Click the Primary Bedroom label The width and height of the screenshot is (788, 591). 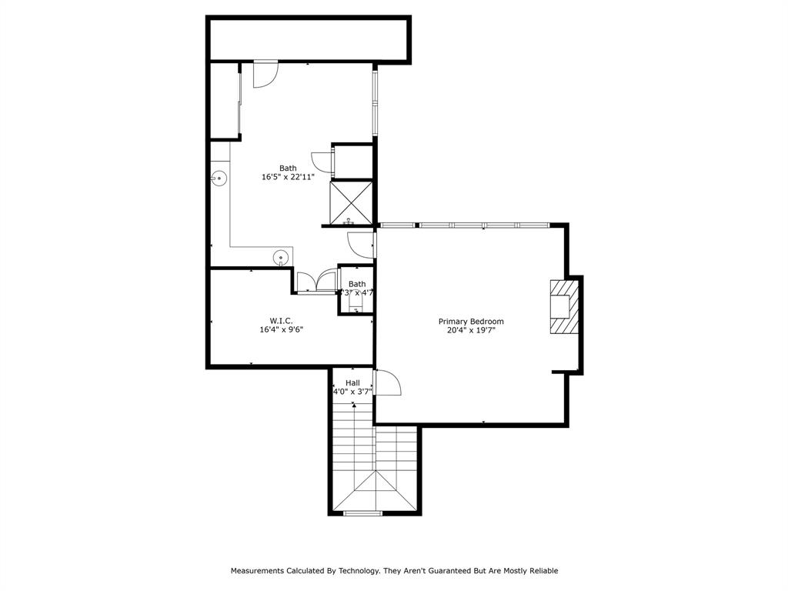point(471,322)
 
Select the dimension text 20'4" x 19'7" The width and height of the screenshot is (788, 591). point(471,330)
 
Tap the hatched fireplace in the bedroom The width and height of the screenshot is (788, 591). point(563,306)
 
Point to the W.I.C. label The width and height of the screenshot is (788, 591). point(281,321)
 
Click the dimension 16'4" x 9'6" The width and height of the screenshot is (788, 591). point(281,329)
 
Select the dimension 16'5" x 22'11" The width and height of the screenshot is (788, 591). point(288,177)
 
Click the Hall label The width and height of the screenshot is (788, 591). point(352,382)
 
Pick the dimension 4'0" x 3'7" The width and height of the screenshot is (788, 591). point(352,391)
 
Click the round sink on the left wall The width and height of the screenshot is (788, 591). point(219,178)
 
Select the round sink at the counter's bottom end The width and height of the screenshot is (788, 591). point(282,258)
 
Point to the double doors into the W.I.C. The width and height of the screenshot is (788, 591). point(316,281)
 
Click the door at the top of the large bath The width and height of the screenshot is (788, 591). point(265,74)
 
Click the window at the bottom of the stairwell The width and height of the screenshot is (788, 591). point(362,513)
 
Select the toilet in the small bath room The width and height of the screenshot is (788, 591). point(356,306)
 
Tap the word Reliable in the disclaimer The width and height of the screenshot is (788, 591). point(541,571)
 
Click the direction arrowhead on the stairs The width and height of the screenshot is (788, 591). point(354,405)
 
